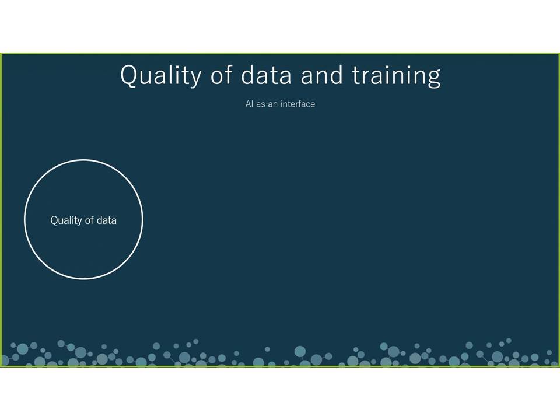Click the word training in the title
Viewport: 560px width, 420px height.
click(397, 75)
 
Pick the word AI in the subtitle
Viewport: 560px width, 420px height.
click(249, 104)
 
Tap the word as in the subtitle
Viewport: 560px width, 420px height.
click(260, 104)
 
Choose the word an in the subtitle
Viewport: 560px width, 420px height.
click(272, 104)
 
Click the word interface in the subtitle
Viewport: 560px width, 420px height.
click(298, 104)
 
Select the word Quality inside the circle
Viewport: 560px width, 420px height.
click(66, 220)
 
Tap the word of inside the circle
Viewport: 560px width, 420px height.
click(89, 220)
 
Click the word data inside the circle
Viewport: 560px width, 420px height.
click(106, 220)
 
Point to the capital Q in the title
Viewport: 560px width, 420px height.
click(129, 75)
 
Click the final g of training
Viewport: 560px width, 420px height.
click(433, 78)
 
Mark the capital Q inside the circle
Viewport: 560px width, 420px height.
click(54, 220)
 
